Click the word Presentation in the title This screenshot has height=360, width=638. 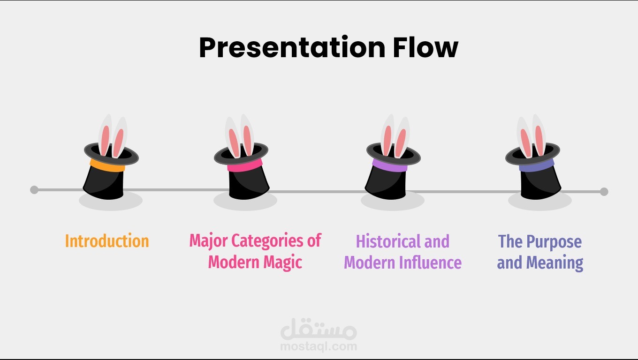(292, 47)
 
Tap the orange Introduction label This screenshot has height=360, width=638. (107, 241)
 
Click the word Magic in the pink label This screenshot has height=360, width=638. (282, 262)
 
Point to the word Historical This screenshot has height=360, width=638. (389, 241)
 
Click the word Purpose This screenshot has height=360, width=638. (554, 242)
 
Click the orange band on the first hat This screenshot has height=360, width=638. (107, 166)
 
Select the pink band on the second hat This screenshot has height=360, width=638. (245, 165)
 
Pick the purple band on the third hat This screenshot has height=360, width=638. (390, 166)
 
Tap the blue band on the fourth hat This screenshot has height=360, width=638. (537, 165)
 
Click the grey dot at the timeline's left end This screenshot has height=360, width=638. (34, 190)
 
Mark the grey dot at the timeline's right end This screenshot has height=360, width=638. (604, 192)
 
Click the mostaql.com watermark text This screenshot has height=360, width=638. (319, 346)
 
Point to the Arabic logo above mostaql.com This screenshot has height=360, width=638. (319, 329)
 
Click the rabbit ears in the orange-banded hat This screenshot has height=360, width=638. (113, 136)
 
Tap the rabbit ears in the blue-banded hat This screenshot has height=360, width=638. (531, 136)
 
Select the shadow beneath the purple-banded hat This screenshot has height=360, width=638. (393, 202)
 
